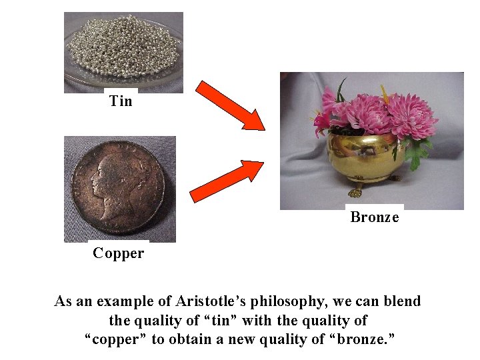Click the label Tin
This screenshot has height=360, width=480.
click(x=121, y=101)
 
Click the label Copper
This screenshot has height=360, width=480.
click(x=118, y=253)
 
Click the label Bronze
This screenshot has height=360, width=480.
click(x=374, y=217)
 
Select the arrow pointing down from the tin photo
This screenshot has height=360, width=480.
click(x=231, y=105)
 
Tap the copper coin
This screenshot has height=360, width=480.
click(x=121, y=188)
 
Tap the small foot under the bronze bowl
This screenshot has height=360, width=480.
click(x=355, y=192)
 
